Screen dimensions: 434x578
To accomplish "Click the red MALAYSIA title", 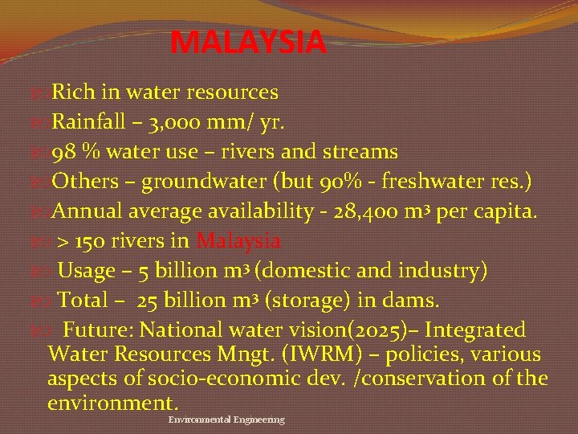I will pos(249,42).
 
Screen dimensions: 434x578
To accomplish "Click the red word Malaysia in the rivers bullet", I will pos(238,241).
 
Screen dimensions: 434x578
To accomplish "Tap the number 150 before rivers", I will pos(89,241).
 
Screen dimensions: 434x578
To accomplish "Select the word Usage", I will pos(87,271).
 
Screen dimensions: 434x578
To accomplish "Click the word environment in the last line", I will pos(112,401).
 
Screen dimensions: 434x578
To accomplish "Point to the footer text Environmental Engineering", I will pos(226,420).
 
